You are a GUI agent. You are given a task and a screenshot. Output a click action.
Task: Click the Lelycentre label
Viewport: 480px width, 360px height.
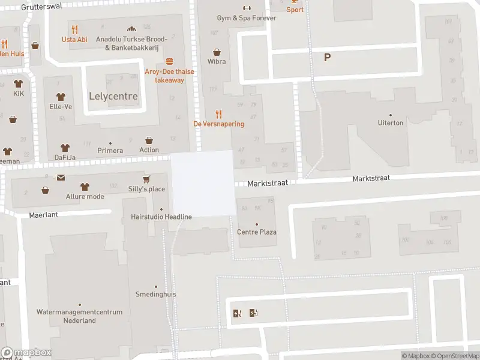pos(113,96)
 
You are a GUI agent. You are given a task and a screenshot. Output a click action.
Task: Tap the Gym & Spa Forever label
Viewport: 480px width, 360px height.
pos(247,18)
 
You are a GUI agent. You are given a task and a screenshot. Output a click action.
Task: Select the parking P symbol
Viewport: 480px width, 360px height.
pos(328,58)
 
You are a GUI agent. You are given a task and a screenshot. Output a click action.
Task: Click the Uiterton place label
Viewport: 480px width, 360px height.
pos(391,122)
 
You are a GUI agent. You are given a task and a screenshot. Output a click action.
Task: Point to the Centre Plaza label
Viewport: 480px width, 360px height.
pos(257,232)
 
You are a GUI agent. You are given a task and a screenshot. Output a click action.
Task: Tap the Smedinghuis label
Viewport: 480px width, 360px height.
pos(156,295)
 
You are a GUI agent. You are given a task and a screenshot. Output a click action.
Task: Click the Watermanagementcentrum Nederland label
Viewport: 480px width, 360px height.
pos(79,316)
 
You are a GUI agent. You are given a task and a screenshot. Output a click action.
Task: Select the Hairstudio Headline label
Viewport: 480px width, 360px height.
pos(161,217)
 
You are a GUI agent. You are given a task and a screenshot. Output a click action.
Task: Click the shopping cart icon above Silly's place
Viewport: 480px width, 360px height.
pos(146,179)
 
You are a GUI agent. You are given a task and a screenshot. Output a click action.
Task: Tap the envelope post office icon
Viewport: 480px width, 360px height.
pos(61,178)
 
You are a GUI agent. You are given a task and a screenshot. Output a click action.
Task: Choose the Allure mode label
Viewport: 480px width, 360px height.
pos(85,197)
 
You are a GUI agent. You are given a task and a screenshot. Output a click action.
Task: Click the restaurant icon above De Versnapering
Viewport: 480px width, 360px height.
pos(218,114)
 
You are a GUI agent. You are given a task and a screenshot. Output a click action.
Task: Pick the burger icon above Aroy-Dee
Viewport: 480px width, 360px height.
pos(170,62)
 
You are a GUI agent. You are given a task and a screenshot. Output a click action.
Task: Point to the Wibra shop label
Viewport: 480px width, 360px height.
pos(217,61)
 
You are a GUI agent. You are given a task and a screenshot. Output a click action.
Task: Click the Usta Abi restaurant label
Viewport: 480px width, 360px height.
pos(74,40)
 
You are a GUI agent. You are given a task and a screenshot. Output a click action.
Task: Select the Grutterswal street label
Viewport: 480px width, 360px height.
pos(41,7)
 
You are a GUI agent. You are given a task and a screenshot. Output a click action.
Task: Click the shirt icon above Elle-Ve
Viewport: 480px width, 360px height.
pos(61,97)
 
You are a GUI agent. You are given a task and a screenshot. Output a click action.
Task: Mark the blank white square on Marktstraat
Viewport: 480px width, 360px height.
pos(203,183)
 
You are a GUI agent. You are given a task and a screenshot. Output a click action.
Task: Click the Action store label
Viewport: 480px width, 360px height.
pos(149,150)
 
